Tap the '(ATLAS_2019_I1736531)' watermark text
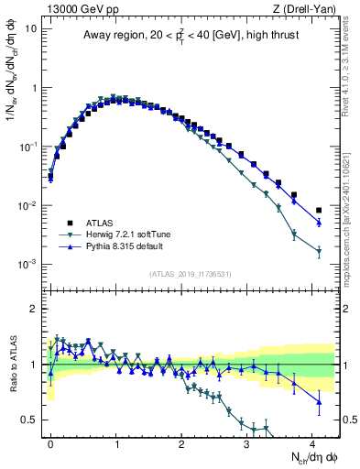(x=190, y=274)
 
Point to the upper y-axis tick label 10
(x=31, y=28)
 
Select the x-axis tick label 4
(x=312, y=442)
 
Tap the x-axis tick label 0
(x=50, y=442)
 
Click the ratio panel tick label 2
(x=34, y=309)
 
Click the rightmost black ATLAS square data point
(x=319, y=211)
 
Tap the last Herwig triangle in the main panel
(x=319, y=251)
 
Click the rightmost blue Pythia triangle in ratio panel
(x=319, y=401)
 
